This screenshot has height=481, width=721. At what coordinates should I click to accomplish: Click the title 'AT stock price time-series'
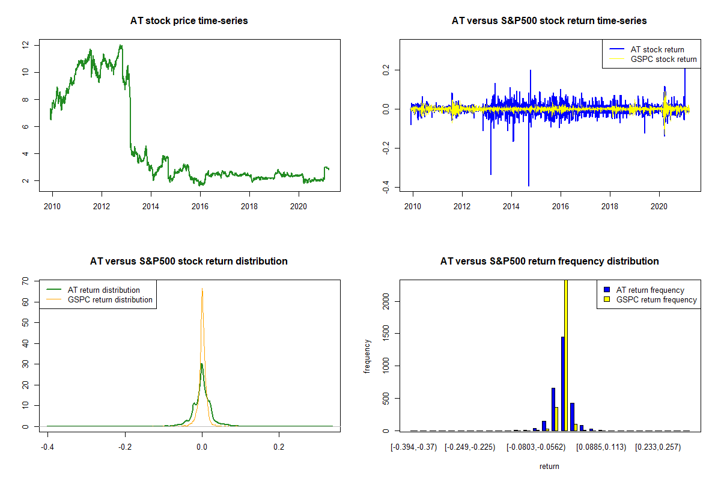189,21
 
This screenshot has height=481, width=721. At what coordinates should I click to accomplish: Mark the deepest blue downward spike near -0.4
529,185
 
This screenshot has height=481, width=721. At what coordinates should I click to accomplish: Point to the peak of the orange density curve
202,289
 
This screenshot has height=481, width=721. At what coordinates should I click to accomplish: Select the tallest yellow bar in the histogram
565,355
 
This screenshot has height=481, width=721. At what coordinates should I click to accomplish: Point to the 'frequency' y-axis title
368,356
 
